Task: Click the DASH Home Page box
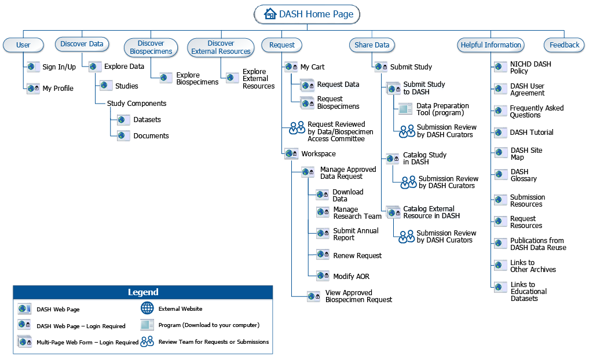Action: [308, 14]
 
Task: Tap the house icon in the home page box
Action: [270, 14]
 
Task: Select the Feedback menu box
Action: [564, 45]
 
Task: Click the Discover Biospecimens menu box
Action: [151, 47]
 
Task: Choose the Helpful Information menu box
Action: [490, 45]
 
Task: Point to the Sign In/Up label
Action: [59, 67]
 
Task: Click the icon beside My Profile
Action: [33, 89]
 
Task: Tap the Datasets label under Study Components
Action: [147, 120]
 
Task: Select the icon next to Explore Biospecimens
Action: [166, 78]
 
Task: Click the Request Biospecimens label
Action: [338, 102]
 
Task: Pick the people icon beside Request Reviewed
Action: [297, 128]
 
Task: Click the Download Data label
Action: [347, 195]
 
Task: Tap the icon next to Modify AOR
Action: [323, 276]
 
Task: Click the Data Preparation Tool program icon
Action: [405, 109]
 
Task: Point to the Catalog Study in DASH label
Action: [424, 159]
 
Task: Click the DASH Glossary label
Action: [523, 175]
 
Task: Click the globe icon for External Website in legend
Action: [148, 308]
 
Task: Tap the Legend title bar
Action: [142, 292]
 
